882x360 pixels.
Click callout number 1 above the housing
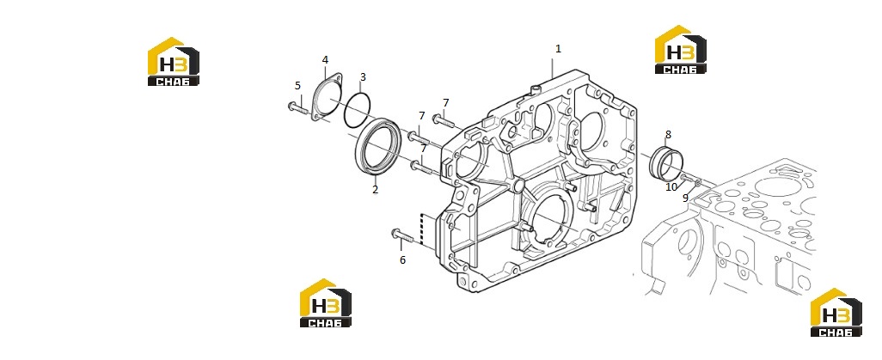558,49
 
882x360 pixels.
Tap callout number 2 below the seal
375,190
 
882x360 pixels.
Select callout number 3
363,77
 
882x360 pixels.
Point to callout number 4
325,59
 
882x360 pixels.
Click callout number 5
297,86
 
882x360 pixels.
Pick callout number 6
403,259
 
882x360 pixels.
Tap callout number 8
668,134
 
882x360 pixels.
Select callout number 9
686,198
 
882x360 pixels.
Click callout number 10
671,187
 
